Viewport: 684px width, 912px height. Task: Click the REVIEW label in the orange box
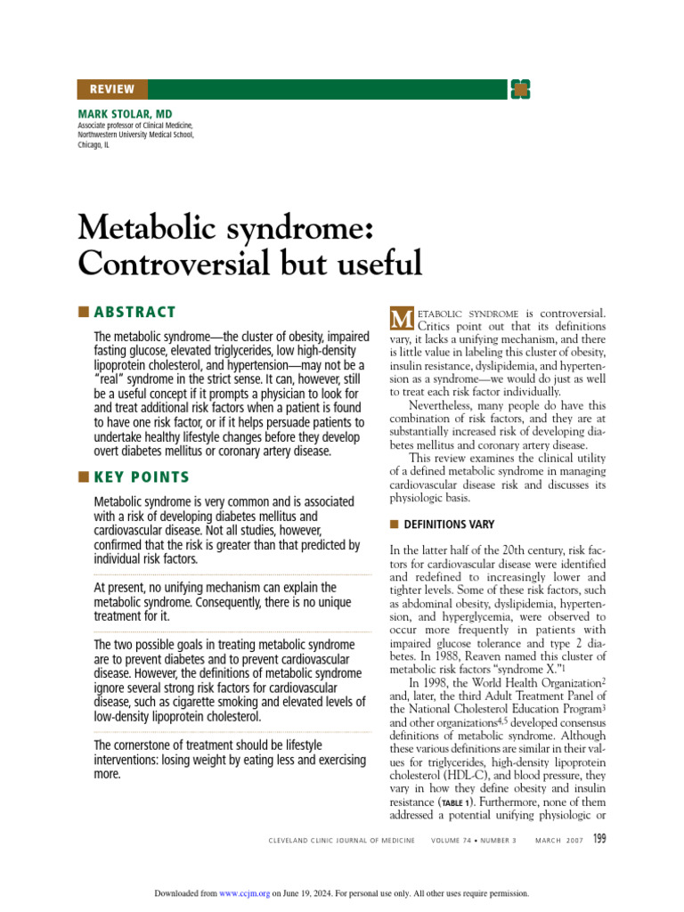(112, 89)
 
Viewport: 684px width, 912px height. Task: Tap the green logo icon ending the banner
(520, 89)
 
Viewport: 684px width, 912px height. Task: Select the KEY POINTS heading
(142, 477)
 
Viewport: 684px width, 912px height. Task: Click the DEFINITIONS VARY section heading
(449, 525)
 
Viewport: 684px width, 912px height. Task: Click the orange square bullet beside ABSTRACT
(84, 312)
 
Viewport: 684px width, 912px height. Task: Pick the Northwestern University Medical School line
(135, 134)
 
